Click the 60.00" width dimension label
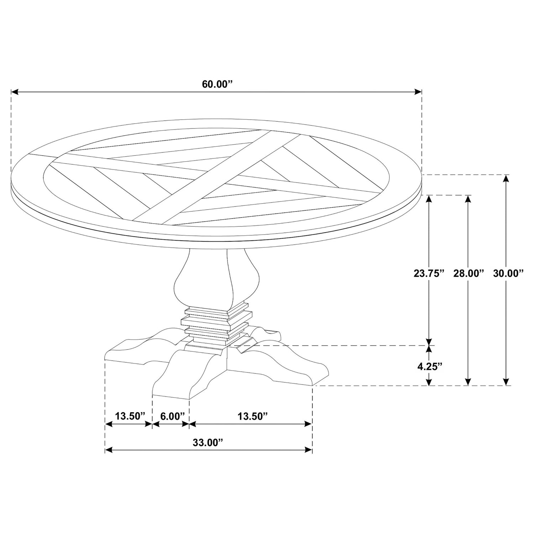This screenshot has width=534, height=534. [x=217, y=84]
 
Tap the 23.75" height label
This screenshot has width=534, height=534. [x=429, y=273]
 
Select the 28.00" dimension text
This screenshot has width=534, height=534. [x=468, y=273]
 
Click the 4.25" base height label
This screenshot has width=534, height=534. [x=430, y=366]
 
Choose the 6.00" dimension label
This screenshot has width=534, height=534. [x=172, y=416]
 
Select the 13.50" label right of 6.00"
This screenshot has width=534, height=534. [x=252, y=416]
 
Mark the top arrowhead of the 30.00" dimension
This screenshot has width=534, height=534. [x=505, y=178]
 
